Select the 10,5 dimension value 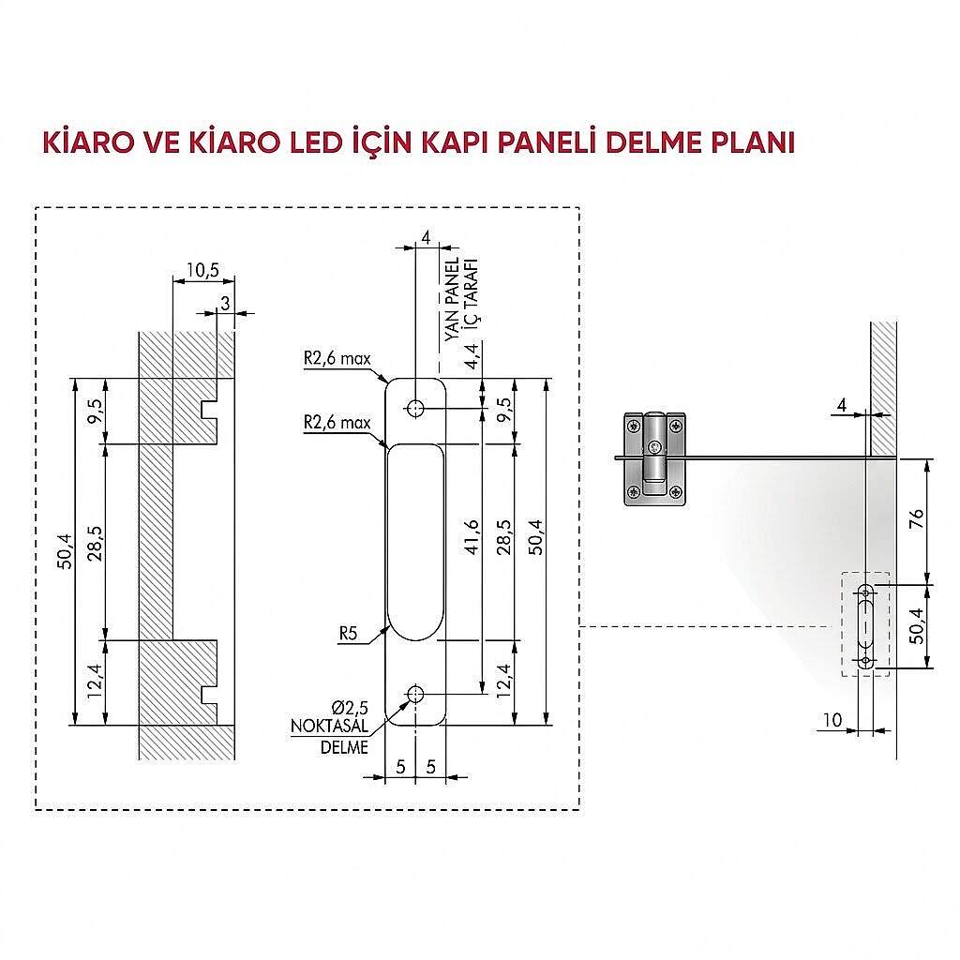tap(202, 270)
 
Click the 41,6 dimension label tap(472, 537)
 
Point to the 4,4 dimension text tap(472, 356)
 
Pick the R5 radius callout tap(348, 633)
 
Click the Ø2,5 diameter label tap(351, 709)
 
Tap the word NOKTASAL tap(329, 727)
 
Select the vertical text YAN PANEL tap(452, 299)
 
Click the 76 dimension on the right tap(917, 519)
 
